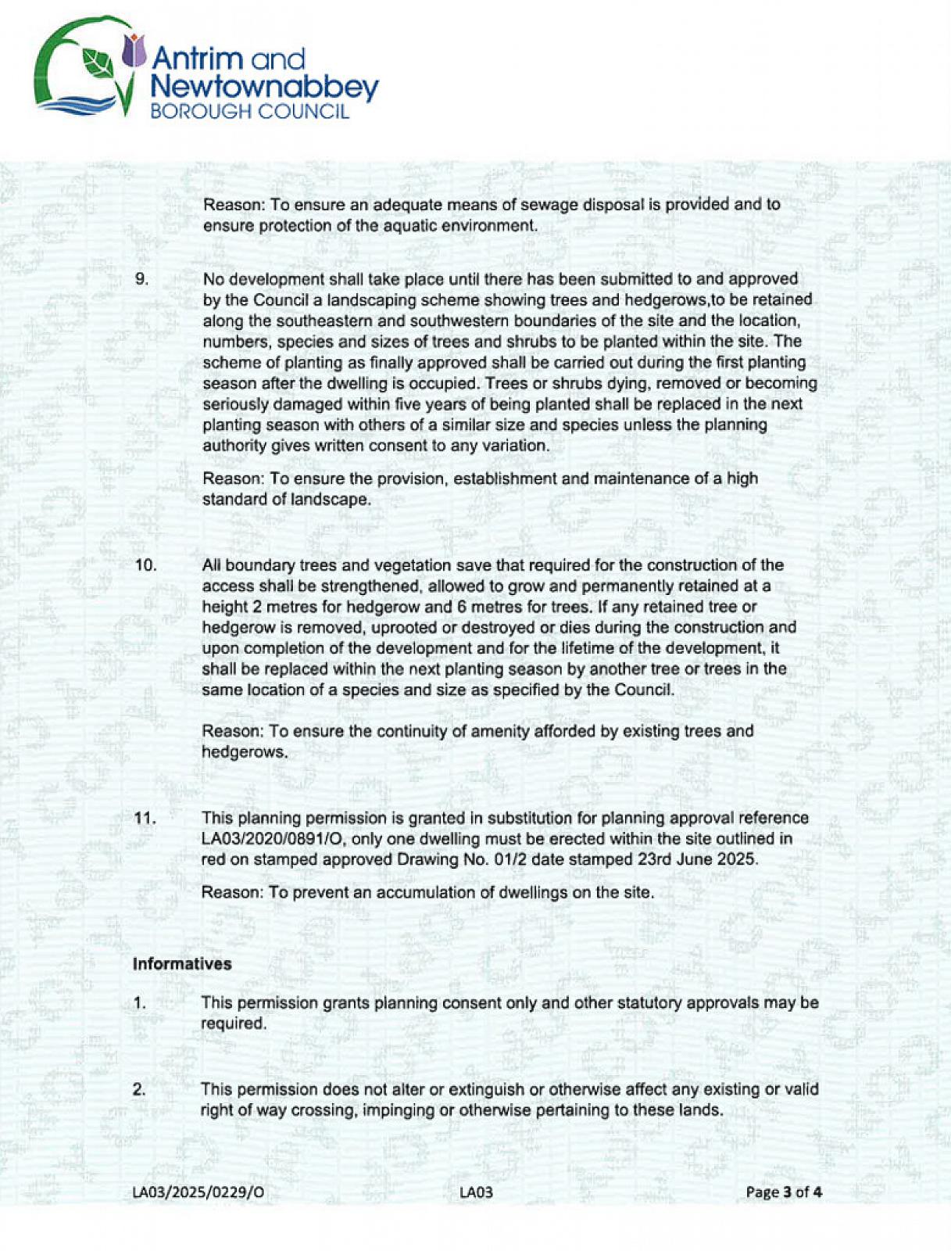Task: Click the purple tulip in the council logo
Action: (x=135, y=51)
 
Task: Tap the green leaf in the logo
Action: (x=98, y=63)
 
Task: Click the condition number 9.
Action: (x=141, y=279)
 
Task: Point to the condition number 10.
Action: (x=145, y=565)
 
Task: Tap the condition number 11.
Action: (x=145, y=819)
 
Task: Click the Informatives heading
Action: (x=182, y=964)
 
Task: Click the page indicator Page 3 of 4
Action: (x=784, y=1192)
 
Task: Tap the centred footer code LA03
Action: (x=476, y=1192)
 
